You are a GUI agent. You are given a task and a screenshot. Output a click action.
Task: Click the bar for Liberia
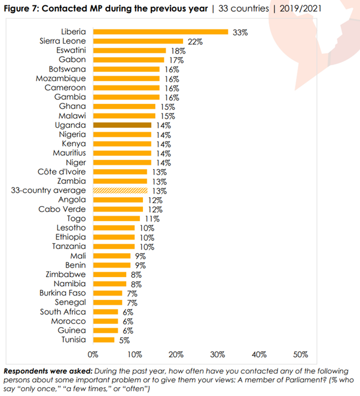coord(160,32)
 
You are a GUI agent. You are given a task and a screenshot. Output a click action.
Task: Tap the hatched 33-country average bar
coord(120,191)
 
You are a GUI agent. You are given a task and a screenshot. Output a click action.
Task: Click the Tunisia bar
coord(103,340)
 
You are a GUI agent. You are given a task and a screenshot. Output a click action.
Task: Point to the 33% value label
coord(238,32)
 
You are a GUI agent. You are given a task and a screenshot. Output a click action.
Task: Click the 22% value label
coord(196,41)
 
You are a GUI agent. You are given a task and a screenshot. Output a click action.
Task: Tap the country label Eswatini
coord(72,51)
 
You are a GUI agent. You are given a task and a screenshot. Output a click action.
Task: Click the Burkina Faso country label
coord(63,293)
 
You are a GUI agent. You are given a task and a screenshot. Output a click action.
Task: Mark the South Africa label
coord(63,312)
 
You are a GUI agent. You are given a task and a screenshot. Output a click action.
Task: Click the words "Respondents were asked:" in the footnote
coord(41,372)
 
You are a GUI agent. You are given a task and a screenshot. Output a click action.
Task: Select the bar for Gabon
coord(128,60)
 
